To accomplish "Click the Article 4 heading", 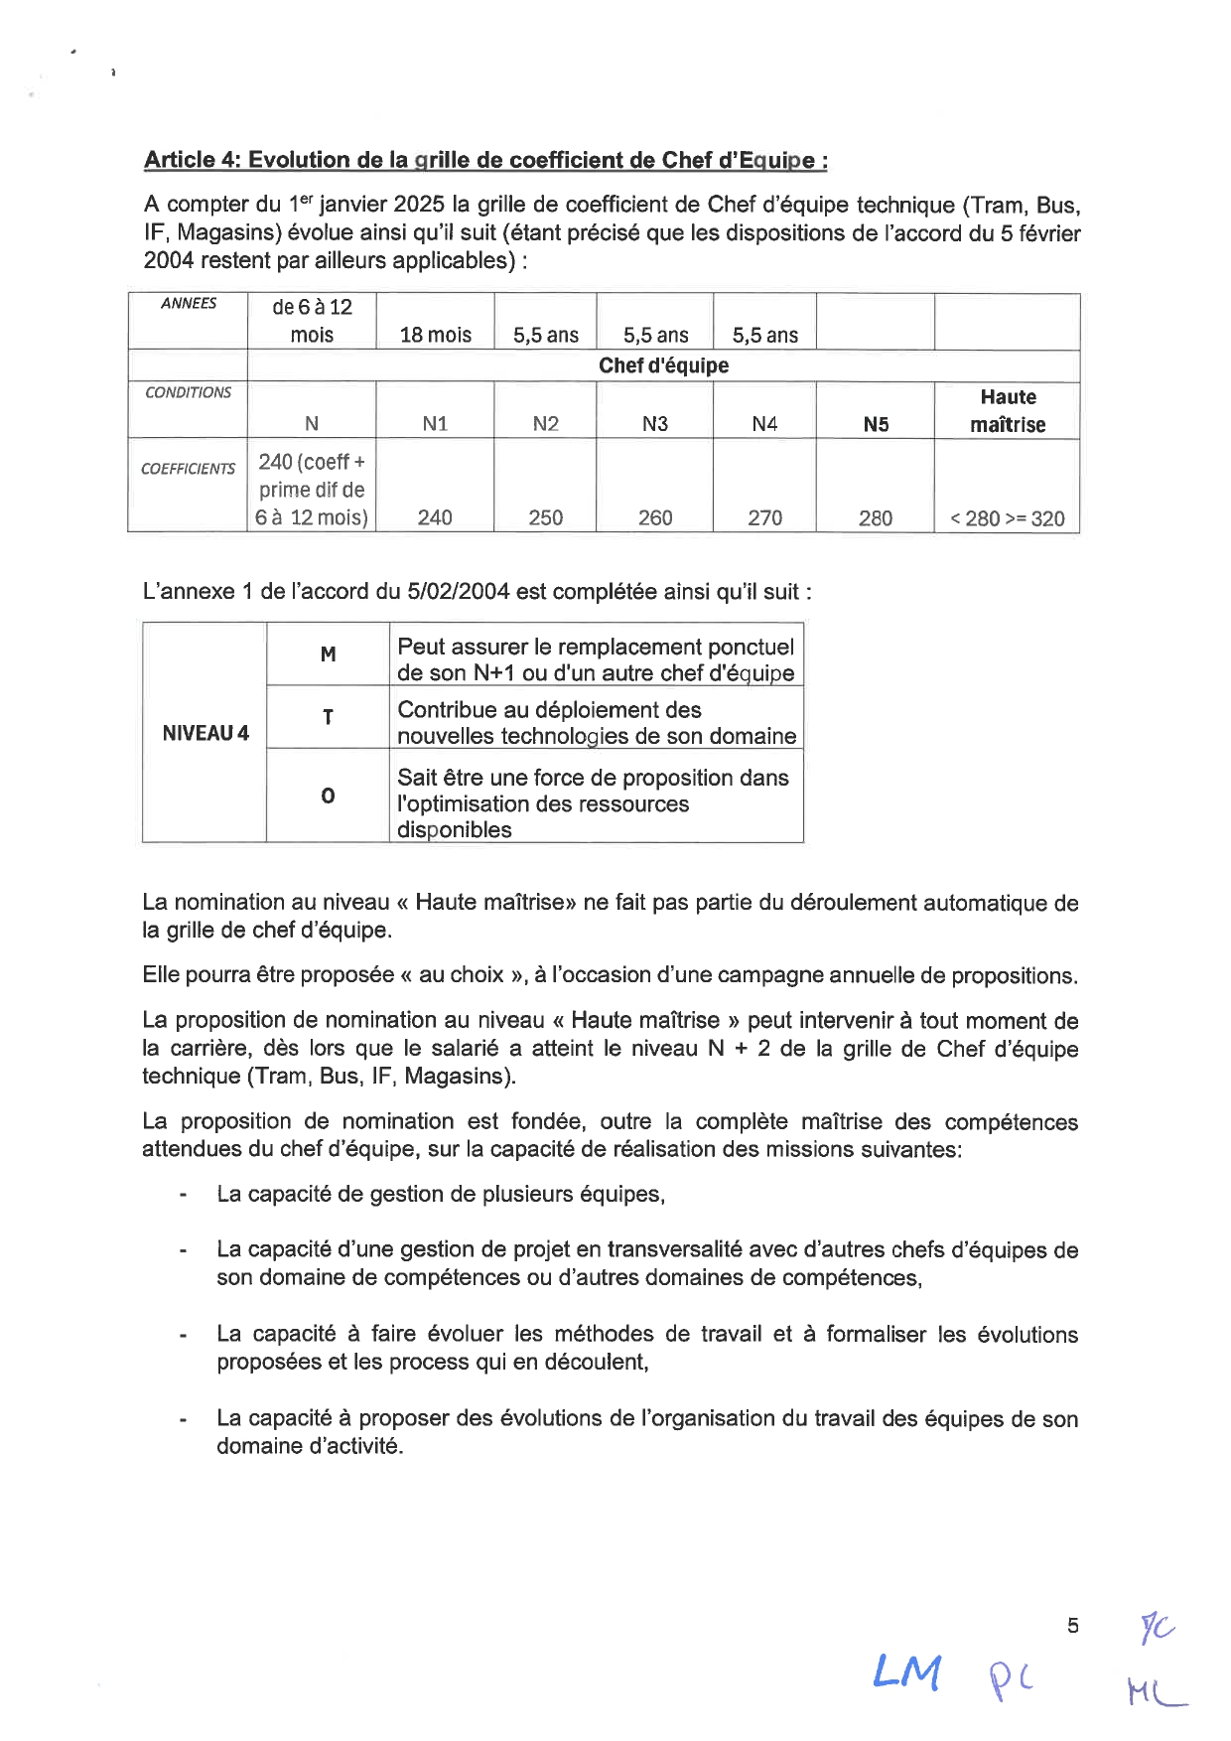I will click(485, 160).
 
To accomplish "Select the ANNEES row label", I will click(189, 304).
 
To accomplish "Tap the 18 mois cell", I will click(436, 335).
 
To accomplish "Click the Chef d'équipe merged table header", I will click(663, 365).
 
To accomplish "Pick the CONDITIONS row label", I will click(189, 392).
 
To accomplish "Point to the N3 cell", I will click(655, 424).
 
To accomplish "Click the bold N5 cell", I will click(876, 425).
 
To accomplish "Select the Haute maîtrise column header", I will click(1008, 410).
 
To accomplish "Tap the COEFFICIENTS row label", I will click(189, 469).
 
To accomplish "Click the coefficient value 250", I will click(545, 517).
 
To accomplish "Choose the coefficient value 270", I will click(764, 517).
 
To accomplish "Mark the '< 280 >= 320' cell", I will click(1007, 518).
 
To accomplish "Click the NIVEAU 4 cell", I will click(205, 733).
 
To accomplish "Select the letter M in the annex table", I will click(329, 654).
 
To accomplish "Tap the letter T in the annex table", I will click(329, 717).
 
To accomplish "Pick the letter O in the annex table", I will click(329, 796).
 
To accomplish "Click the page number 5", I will click(1072, 1626).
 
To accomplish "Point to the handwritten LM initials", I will click(906, 1673).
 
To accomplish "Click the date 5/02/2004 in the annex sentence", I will click(459, 592).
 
